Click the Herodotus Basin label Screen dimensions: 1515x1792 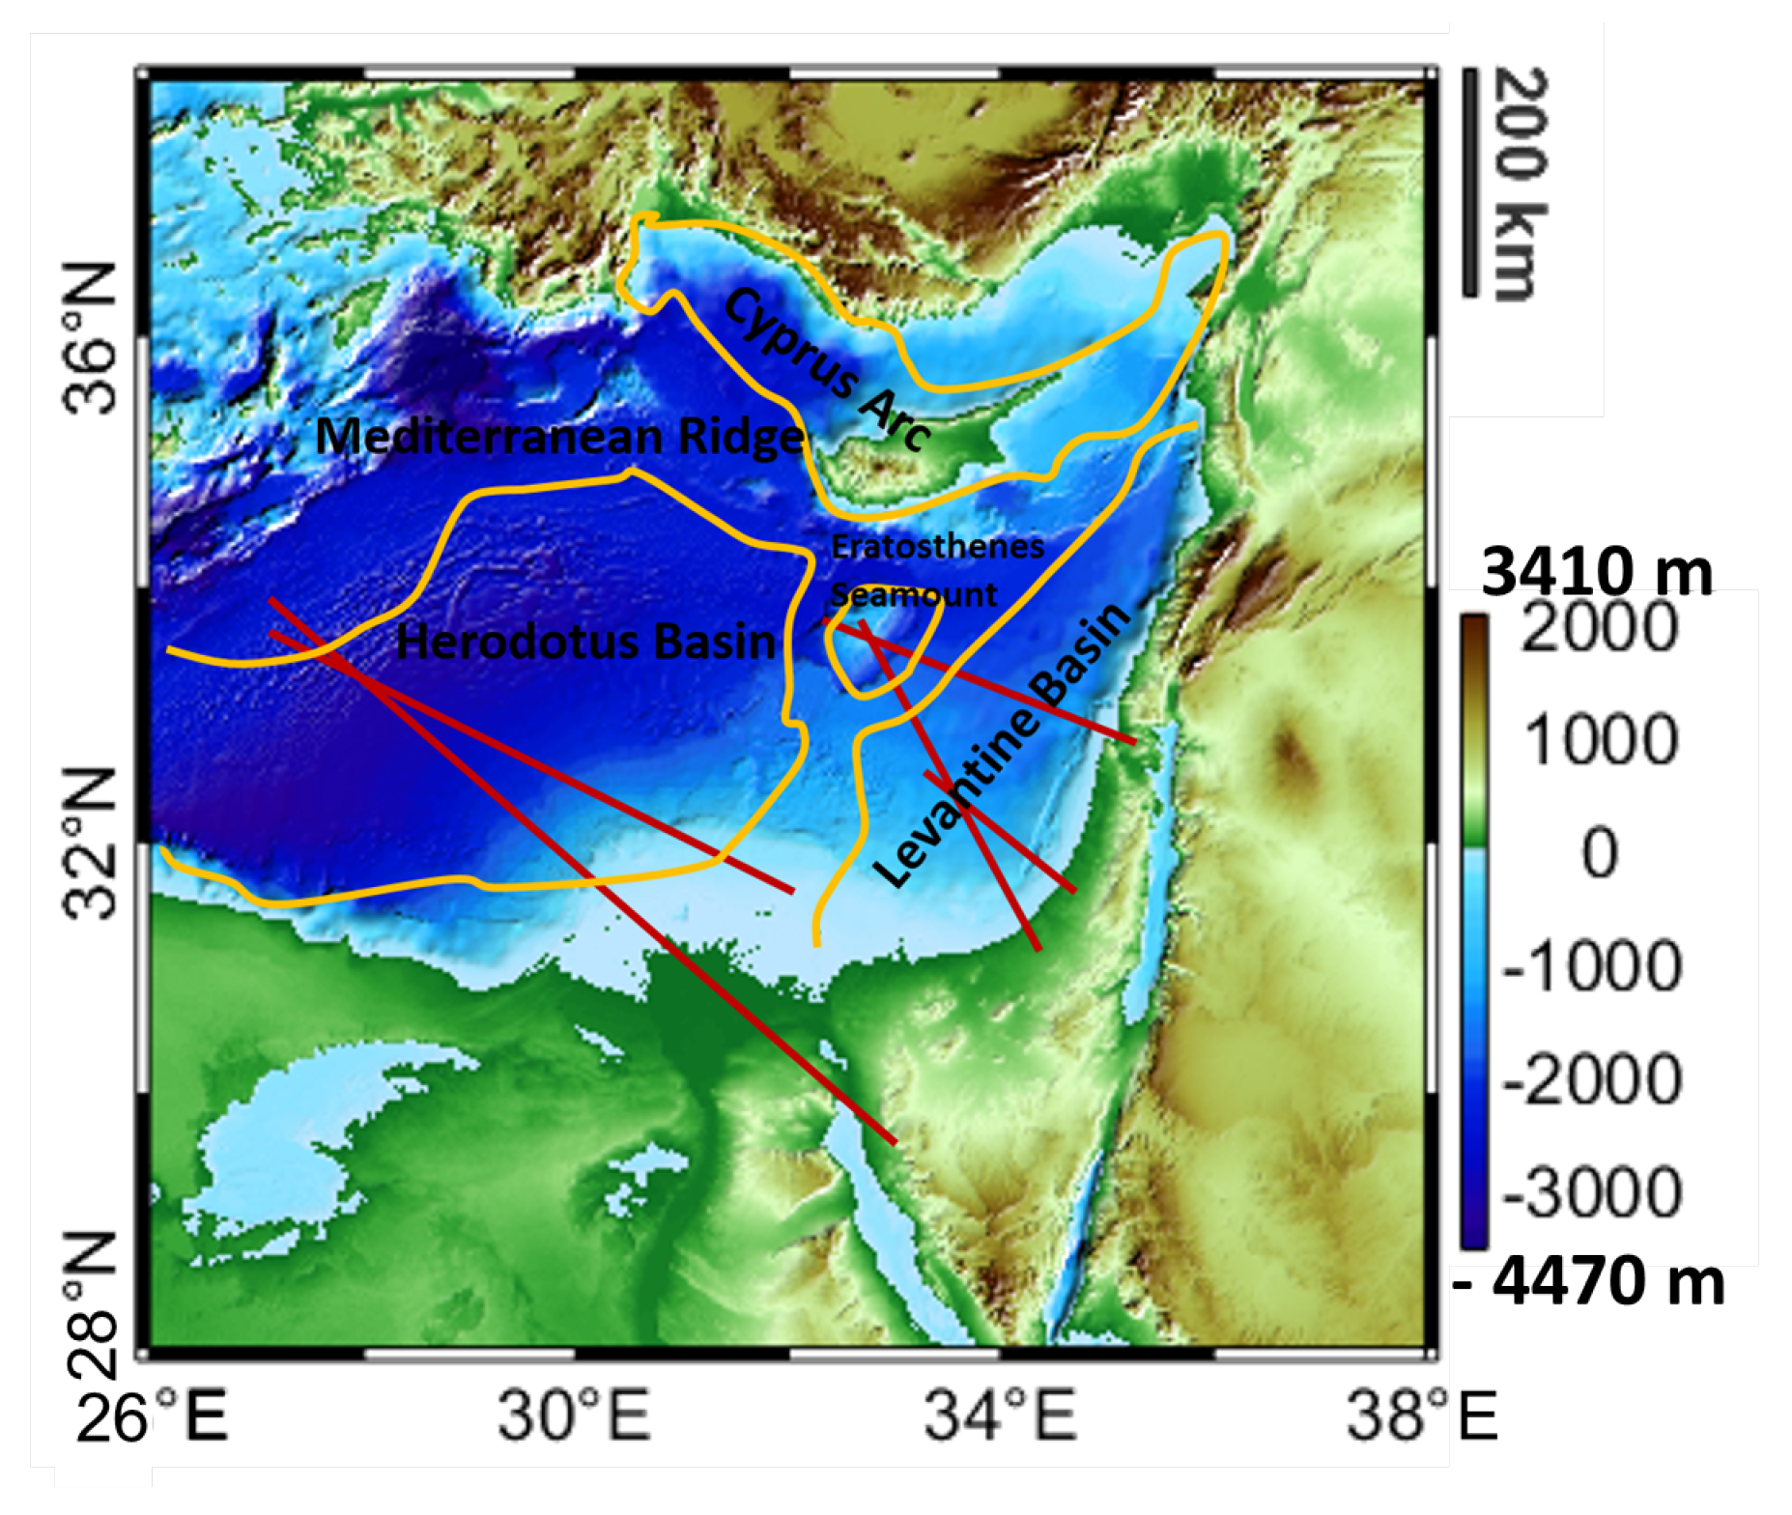(585, 643)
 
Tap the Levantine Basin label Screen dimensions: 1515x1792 (1002, 744)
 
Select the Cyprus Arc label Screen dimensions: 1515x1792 (827, 369)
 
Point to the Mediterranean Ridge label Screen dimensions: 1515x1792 (559, 437)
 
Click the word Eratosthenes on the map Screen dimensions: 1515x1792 (937, 547)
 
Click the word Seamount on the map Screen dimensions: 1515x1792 (913, 594)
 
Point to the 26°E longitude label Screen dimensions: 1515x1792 (152, 1416)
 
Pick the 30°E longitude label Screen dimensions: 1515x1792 (574, 1416)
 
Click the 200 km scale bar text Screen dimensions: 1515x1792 (1520, 184)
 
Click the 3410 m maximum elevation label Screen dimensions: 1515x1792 (1597, 572)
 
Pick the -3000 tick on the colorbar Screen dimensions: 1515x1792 (1592, 1192)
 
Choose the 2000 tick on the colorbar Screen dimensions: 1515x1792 (1600, 628)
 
